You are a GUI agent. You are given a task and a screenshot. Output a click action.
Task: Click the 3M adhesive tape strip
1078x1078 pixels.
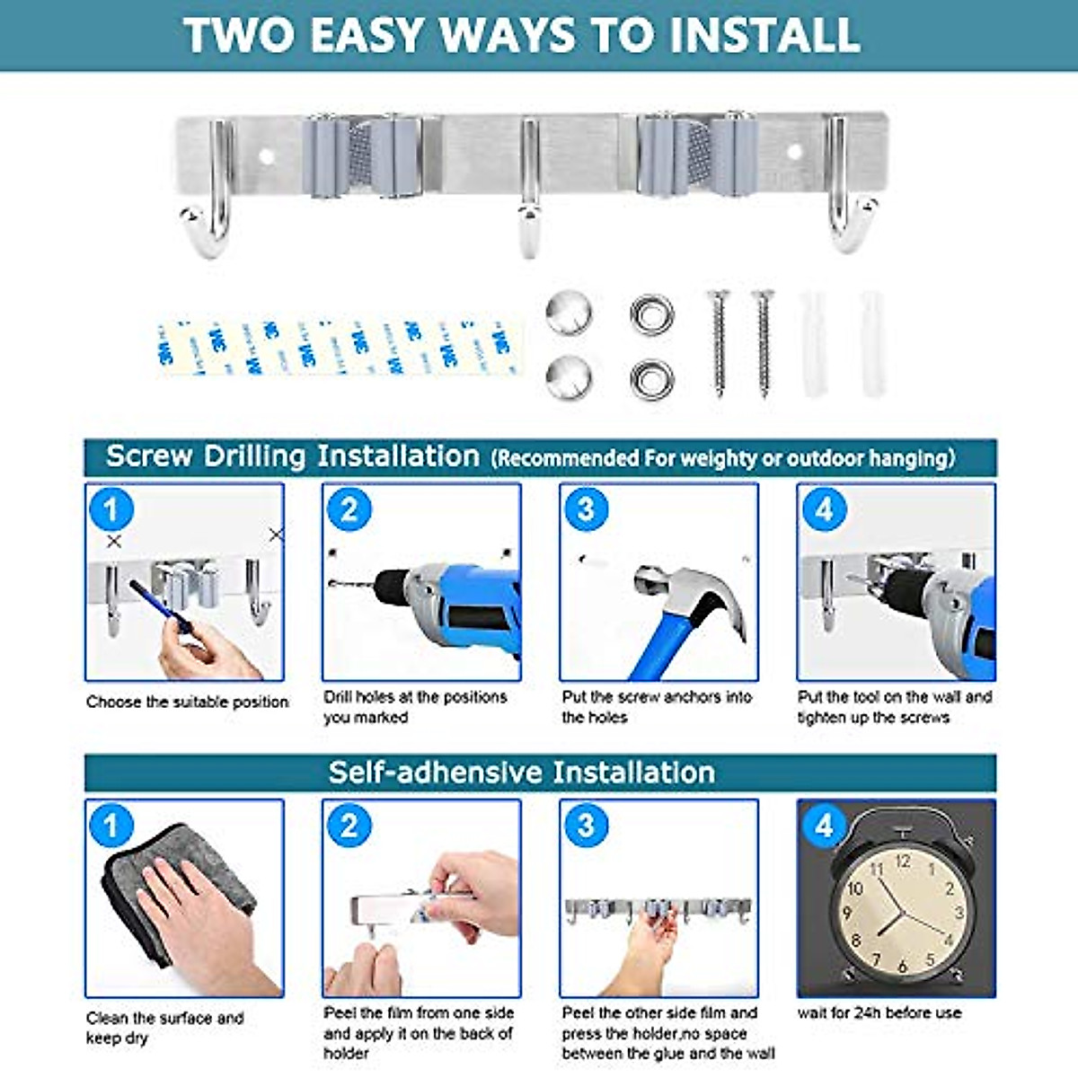(340, 348)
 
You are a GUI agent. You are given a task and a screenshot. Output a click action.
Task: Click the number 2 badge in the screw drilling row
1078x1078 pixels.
(349, 510)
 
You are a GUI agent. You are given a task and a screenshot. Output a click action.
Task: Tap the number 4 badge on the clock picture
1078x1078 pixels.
(825, 826)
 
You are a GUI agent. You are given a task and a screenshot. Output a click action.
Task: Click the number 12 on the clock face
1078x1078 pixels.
(902, 861)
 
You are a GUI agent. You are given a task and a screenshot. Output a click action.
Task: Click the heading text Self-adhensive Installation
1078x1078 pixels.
(521, 773)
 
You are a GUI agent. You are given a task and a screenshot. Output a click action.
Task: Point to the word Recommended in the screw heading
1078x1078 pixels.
(567, 459)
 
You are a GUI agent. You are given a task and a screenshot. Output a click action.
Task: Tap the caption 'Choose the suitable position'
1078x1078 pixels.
(187, 702)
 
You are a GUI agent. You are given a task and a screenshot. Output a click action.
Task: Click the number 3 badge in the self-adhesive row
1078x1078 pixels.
(587, 826)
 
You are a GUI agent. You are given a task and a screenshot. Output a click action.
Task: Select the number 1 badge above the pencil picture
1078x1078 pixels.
(111, 510)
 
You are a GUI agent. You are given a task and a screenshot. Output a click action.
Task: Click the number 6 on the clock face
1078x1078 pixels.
(902, 966)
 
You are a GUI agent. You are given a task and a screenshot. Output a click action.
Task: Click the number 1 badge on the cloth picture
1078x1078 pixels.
(111, 826)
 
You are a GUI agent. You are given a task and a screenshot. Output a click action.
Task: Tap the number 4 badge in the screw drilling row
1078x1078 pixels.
(825, 510)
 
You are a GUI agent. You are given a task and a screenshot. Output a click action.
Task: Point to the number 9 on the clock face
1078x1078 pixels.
(847, 914)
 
